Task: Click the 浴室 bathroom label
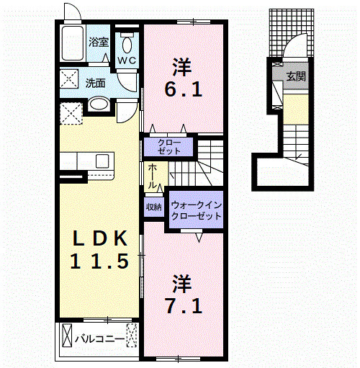coord(99,42)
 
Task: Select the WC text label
coord(127,60)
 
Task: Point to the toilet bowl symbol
coord(127,40)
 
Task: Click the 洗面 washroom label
coord(95,82)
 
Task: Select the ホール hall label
coord(153,176)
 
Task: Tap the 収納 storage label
coord(153,207)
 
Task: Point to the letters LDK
coord(100,238)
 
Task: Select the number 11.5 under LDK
coord(100,262)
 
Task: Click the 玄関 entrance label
coord(295,76)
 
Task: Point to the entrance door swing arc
coord(294,49)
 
